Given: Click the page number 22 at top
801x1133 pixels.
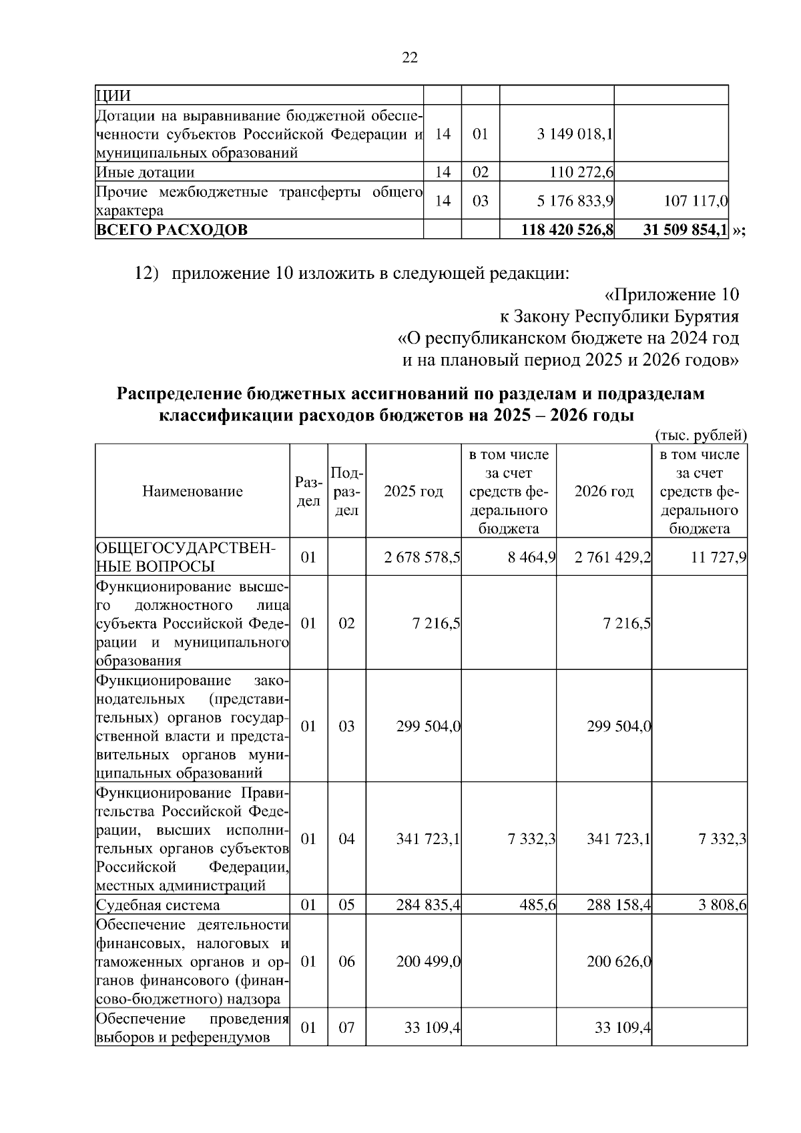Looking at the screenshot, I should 410,58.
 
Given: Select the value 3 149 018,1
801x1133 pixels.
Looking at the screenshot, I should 575,134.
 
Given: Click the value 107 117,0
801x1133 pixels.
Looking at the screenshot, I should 696,201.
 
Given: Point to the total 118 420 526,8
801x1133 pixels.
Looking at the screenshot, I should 567,230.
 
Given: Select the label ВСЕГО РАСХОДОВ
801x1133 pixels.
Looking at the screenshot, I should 172,230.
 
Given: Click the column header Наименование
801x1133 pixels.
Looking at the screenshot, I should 192,492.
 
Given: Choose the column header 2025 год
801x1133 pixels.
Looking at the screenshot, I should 413,492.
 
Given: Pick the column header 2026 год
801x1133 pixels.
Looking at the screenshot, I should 603,492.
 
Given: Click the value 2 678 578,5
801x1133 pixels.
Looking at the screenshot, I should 422,557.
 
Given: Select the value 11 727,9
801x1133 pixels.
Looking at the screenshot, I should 718,557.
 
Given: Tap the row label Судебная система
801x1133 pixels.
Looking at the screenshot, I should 158,905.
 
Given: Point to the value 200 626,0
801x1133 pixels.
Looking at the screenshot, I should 619,962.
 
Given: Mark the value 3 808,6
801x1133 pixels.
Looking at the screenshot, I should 722,905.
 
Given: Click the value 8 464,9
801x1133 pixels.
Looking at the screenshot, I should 531,557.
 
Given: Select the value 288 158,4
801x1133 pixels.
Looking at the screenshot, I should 619,905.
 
